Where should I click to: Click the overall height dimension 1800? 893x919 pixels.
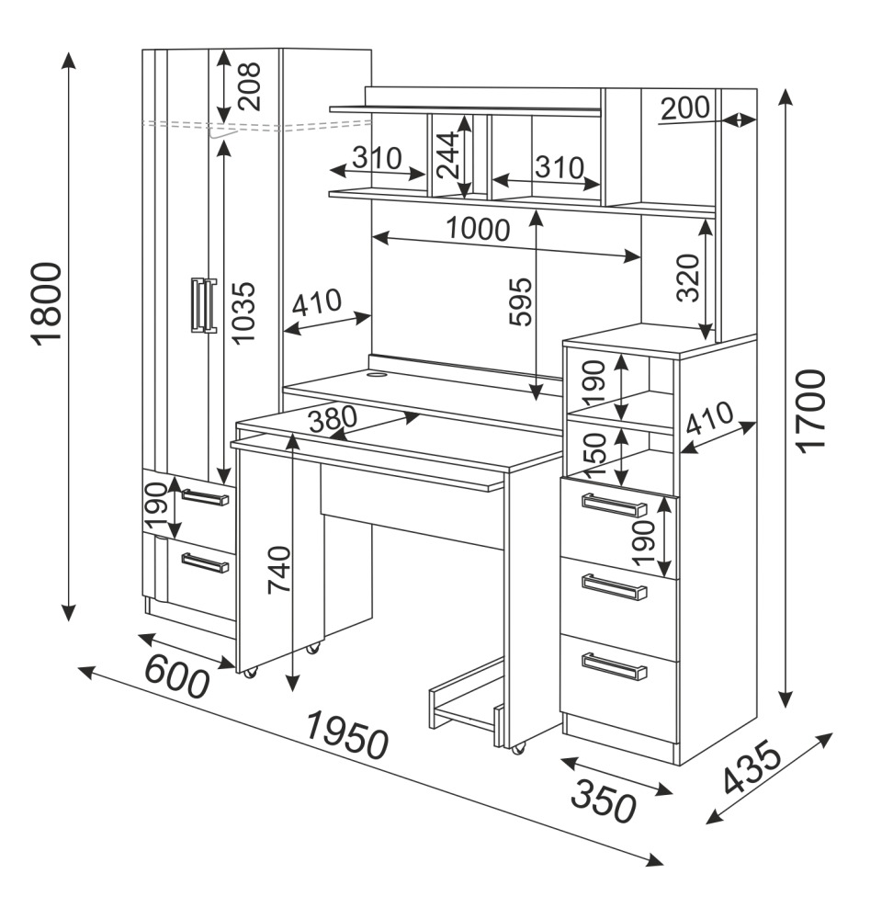46,302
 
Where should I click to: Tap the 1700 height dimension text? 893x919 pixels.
812,410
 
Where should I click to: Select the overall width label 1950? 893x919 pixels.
347,734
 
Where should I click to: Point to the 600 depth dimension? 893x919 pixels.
177,678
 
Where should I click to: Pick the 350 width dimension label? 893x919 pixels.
603,801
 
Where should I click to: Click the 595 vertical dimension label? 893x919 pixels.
521,301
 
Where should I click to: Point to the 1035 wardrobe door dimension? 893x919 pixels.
243,312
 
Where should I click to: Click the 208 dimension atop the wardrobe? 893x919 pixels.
248,85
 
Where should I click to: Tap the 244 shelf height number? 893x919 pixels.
447,153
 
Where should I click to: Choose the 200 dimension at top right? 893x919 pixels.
685,108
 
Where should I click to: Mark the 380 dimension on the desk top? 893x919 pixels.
332,420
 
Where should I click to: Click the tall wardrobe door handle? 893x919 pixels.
203,303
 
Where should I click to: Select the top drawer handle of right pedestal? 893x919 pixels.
615,505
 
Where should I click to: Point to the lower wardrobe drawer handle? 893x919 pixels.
204,562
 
